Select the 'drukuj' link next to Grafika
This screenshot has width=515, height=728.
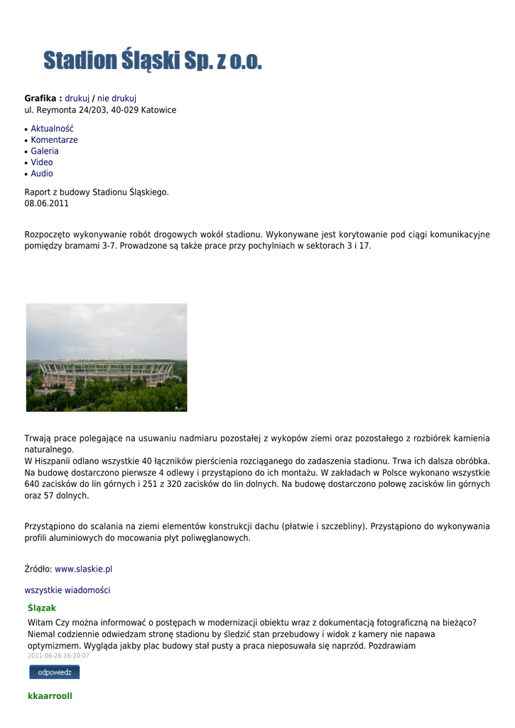click(x=77, y=98)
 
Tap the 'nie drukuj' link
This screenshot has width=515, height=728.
click(x=116, y=98)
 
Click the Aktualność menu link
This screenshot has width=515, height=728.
click(x=52, y=129)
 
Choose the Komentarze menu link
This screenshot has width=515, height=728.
click(x=54, y=140)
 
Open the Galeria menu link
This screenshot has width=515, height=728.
click(x=45, y=151)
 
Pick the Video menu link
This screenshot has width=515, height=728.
click(x=41, y=162)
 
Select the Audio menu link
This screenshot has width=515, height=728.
click(x=41, y=173)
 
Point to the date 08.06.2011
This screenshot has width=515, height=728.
click(x=47, y=203)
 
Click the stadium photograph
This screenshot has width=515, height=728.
click(x=107, y=357)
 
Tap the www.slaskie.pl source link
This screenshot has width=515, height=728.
click(x=83, y=569)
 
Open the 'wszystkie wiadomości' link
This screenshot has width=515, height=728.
click(x=67, y=590)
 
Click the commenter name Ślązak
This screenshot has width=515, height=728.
click(x=42, y=608)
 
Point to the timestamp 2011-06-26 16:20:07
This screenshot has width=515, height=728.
click(x=58, y=655)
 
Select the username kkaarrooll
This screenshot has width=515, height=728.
click(x=50, y=696)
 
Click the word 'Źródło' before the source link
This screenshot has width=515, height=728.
click(x=37, y=569)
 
